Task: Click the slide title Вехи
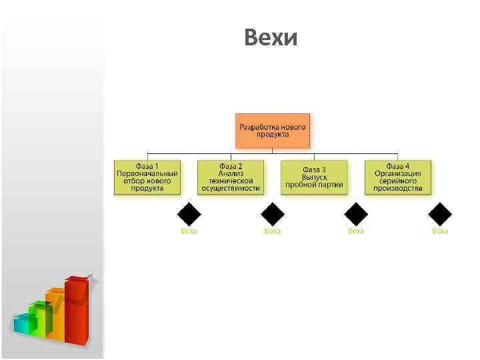point(270,38)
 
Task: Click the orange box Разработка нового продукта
point(273,130)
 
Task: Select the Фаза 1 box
point(147,177)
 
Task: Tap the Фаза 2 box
point(231,177)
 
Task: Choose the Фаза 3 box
point(314,177)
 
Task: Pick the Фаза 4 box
point(398,177)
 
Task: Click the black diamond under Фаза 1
point(189,214)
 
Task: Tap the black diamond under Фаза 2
point(273,214)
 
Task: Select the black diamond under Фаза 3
point(356,214)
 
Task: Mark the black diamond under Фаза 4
point(440,214)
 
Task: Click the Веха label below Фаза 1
point(189,231)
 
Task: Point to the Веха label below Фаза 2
point(273,231)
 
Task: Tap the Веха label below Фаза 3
point(356,231)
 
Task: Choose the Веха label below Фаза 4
point(440,231)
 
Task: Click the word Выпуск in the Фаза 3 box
point(314,177)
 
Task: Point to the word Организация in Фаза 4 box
point(398,173)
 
